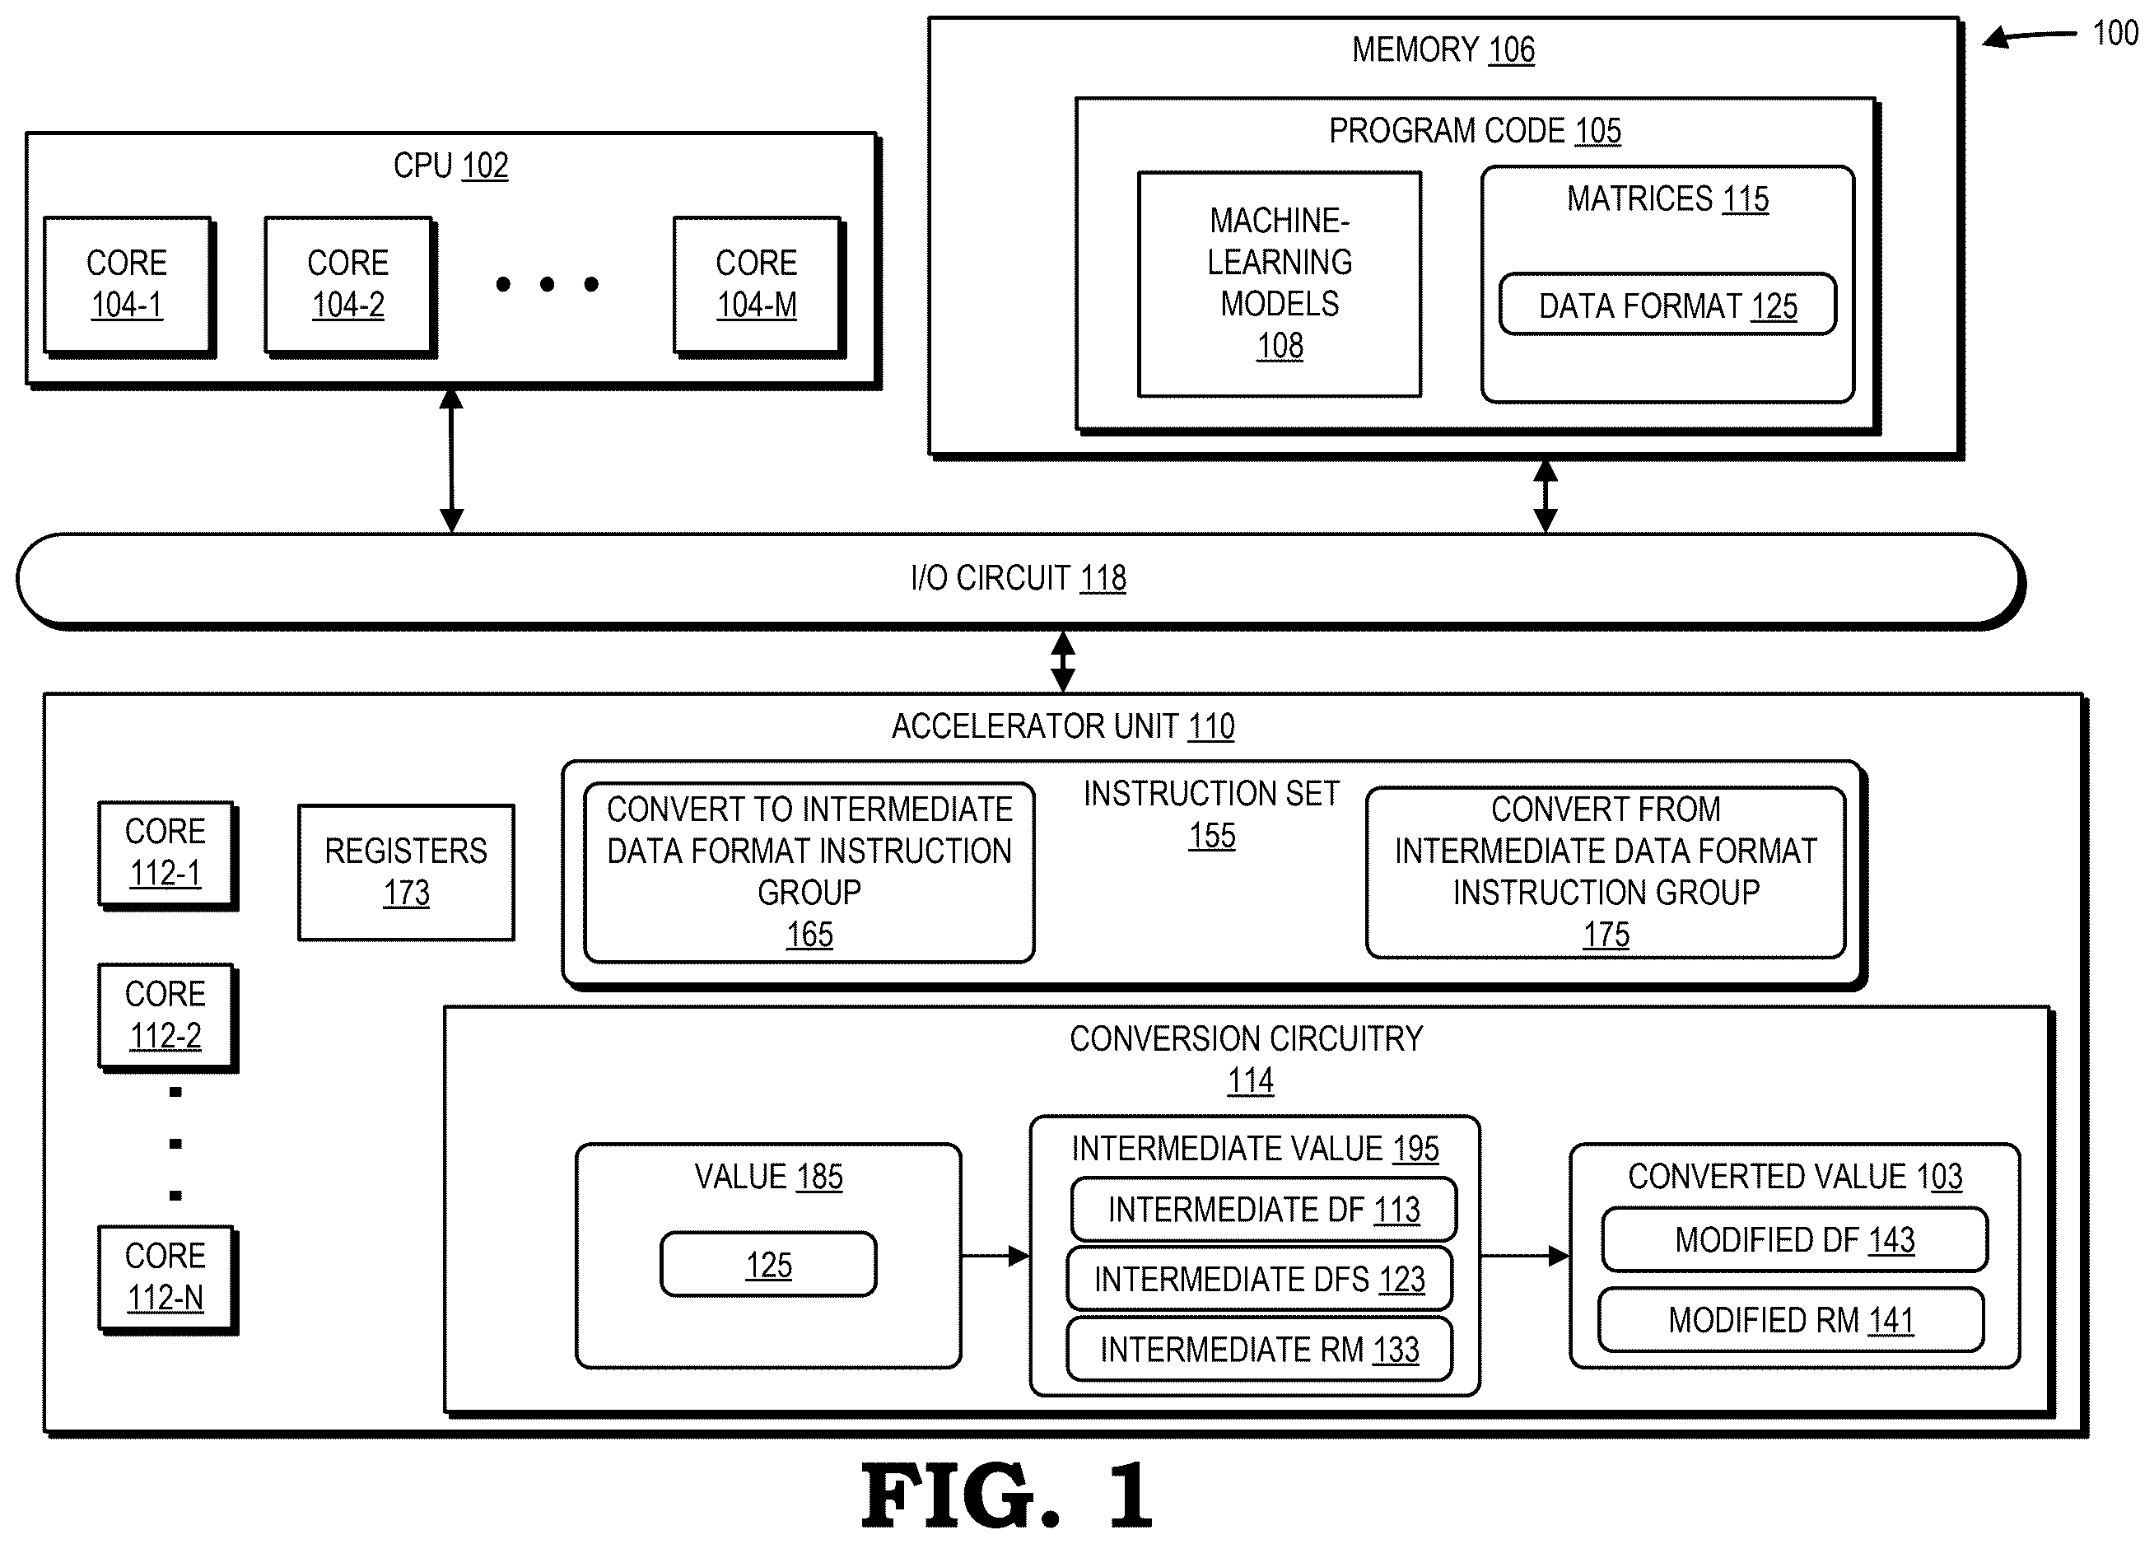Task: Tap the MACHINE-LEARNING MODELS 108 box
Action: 1280,284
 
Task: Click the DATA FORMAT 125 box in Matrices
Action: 1667,305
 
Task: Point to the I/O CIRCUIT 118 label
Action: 1018,578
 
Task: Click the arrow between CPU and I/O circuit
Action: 452,460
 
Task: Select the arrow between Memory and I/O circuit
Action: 1546,497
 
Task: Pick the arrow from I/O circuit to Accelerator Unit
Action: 1063,662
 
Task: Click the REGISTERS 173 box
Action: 407,873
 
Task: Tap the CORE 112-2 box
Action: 167,1017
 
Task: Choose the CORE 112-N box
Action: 167,1279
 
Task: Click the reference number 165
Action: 809,935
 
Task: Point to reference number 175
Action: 1606,935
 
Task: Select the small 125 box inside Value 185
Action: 768,1264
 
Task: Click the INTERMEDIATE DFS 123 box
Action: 1259,1279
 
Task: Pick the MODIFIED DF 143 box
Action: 1794,1239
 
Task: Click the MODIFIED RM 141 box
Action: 1791,1320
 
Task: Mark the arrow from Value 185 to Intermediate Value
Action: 995,1257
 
